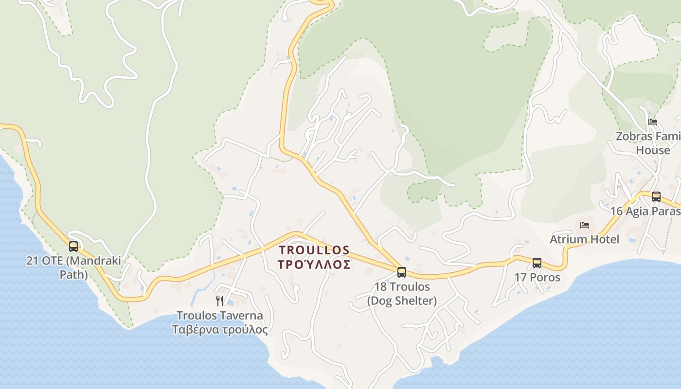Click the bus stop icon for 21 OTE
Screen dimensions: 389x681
pyautogui.click(x=73, y=247)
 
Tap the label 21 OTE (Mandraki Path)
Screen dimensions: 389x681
pyautogui.click(x=73, y=267)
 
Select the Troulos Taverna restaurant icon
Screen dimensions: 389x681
pyautogui.click(x=220, y=301)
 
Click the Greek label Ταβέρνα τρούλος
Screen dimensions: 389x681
pyautogui.click(x=220, y=330)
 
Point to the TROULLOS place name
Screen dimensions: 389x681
pyautogui.click(x=314, y=250)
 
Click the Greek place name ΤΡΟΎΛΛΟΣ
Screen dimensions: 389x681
pyautogui.click(x=314, y=265)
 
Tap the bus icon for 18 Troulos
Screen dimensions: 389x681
pyautogui.click(x=402, y=272)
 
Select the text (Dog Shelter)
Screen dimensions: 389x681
pyautogui.click(x=402, y=301)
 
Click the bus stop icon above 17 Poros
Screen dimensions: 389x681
pyautogui.click(x=537, y=263)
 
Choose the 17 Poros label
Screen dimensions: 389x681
pyautogui.click(x=538, y=278)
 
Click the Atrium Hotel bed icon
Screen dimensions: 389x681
pyautogui.click(x=585, y=225)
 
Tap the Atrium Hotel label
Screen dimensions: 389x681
pyautogui.click(x=585, y=239)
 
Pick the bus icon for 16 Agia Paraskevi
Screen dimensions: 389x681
pyautogui.click(x=656, y=197)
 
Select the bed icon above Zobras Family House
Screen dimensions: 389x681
pyautogui.click(x=653, y=122)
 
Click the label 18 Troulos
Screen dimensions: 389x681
pyautogui.click(x=402, y=287)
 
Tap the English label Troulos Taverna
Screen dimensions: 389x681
pyautogui.click(x=220, y=316)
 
